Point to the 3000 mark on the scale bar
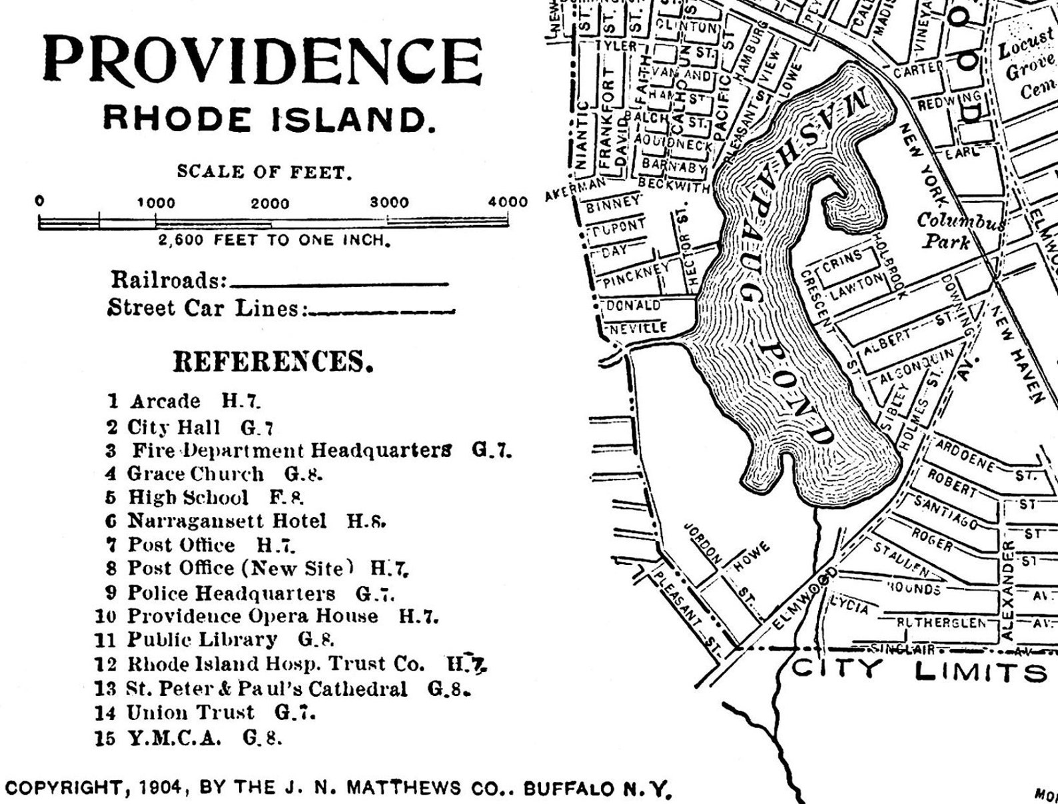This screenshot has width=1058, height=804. click(390, 202)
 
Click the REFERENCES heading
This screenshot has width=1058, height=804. click(272, 362)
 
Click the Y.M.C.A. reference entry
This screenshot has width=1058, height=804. click(173, 737)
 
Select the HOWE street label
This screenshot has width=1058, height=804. click(751, 558)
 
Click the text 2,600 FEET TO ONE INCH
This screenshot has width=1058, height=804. click(273, 240)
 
